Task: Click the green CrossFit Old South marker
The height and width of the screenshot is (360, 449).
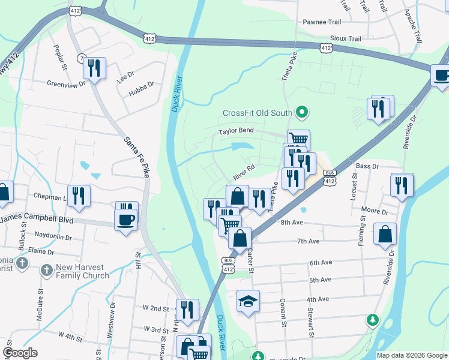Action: coord(303,112)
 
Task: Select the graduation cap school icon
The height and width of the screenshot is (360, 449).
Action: coord(247,301)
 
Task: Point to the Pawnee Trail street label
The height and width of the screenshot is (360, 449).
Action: coord(322,22)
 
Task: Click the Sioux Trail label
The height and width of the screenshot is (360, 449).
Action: coord(347,38)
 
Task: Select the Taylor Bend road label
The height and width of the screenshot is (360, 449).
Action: coord(236,130)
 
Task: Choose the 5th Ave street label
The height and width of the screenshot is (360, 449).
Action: coord(320,280)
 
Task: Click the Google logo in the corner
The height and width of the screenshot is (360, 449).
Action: coord(20,353)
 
